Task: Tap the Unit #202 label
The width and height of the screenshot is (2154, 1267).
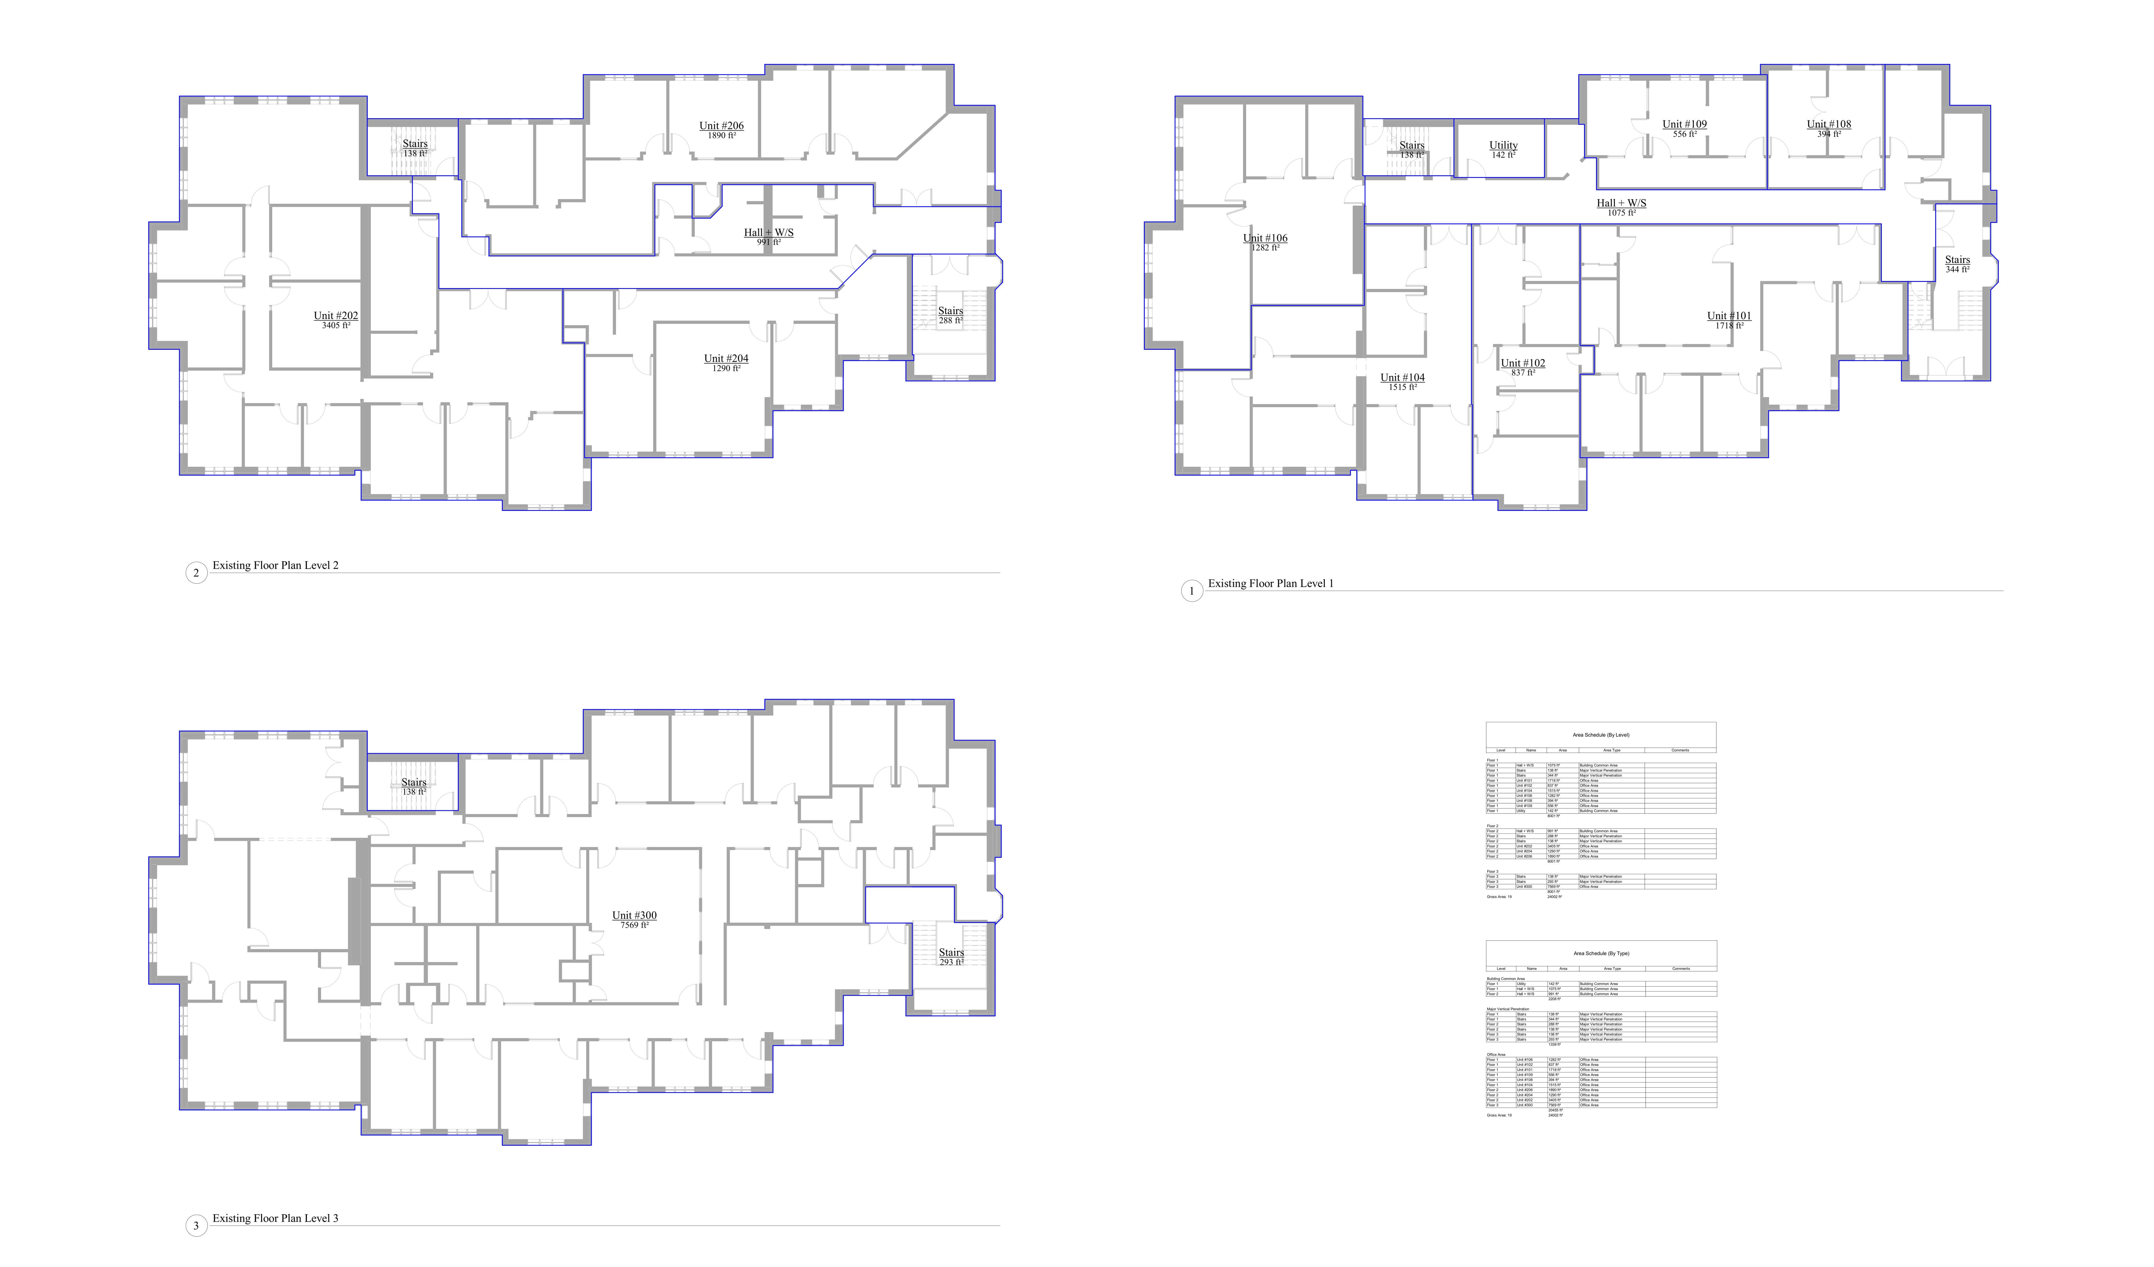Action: (336, 316)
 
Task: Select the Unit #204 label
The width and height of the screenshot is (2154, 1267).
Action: (726, 359)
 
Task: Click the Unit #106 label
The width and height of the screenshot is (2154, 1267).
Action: (1265, 238)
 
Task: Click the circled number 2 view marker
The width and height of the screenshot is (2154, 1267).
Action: (197, 572)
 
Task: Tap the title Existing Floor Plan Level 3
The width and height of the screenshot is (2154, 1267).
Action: (275, 1218)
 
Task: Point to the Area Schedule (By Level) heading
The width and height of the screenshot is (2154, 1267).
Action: (1601, 735)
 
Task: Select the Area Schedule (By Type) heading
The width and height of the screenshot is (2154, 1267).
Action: (1601, 953)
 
